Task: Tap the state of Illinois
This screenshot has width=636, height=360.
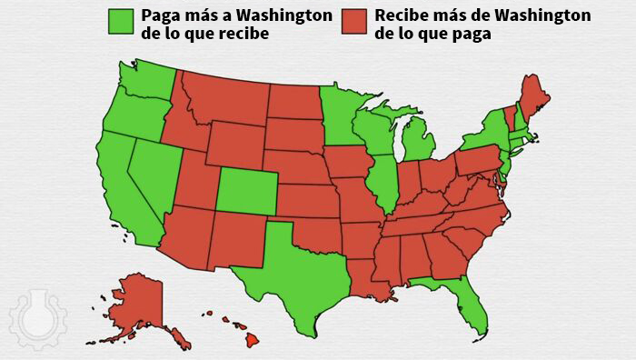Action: click(x=385, y=182)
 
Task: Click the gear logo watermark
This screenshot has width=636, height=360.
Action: click(x=33, y=318)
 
